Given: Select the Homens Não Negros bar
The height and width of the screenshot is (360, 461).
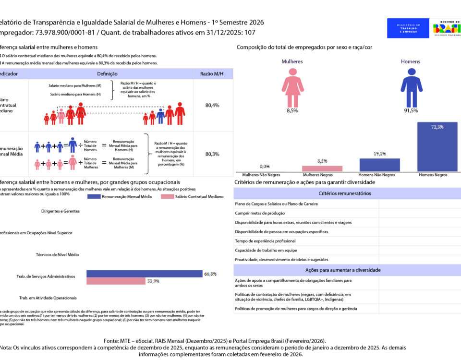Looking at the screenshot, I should (379, 165).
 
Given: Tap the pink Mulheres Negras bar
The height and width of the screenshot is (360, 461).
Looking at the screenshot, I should (322, 168).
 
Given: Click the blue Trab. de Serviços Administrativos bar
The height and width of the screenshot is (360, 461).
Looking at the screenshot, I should (144, 274).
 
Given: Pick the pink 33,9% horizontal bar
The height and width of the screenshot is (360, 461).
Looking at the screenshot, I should (116, 281).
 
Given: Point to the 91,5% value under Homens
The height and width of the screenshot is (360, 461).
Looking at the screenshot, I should (411, 110).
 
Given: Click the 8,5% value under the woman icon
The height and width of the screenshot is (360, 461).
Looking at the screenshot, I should (292, 110).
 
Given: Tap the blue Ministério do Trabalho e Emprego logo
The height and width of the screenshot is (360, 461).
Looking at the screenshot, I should (408, 28).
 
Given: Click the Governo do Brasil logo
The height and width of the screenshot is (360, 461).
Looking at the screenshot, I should (446, 28).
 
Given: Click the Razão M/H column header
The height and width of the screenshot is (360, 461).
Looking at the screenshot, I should (212, 74).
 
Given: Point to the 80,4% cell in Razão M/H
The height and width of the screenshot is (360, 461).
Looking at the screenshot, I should (212, 105).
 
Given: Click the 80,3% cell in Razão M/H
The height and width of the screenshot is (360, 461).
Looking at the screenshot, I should (212, 154).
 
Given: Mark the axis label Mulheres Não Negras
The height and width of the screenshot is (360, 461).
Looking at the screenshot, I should (264, 175).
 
